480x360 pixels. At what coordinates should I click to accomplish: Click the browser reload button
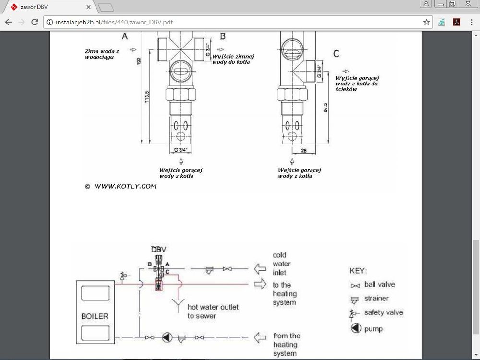35,22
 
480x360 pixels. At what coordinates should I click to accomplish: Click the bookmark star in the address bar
426,22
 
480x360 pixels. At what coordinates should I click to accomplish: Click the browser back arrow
8,22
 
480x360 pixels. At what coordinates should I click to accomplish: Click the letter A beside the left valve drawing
125,36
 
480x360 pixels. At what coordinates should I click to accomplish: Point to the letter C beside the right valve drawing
336,54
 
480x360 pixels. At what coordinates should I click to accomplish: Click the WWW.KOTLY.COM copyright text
125,186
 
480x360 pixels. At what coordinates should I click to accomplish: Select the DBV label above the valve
158,250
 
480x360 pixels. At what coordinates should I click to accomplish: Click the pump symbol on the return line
167,337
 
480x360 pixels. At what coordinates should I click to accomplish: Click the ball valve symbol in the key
355,285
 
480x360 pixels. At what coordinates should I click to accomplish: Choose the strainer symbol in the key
355,299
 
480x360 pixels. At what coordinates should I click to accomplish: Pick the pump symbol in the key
356,329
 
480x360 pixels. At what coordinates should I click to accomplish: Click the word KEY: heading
359,270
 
